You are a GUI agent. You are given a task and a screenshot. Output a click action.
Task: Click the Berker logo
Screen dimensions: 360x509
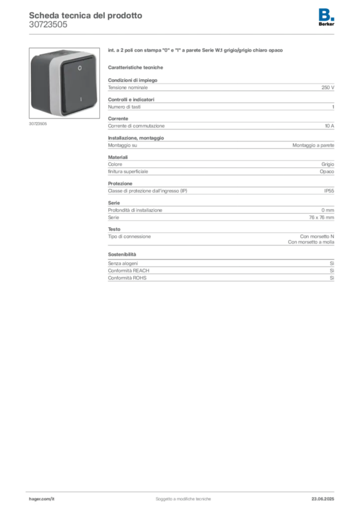click(x=326, y=17)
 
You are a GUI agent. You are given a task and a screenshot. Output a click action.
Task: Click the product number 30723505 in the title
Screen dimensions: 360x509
click(x=48, y=25)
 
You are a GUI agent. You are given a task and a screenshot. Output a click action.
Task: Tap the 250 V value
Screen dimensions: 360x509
click(x=328, y=87)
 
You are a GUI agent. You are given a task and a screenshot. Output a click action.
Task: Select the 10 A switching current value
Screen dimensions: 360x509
click(x=330, y=126)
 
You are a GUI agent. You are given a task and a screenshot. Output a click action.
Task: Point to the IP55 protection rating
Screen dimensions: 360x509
click(x=329, y=191)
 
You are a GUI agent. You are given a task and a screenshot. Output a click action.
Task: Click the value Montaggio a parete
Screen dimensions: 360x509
click(x=313, y=146)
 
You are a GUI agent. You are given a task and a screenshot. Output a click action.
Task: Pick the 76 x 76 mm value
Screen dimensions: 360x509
click(x=321, y=218)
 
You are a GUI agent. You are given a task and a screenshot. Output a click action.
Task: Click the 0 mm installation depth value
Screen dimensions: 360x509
click(x=328, y=210)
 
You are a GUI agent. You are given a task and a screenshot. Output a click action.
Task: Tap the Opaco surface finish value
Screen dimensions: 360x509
click(x=327, y=171)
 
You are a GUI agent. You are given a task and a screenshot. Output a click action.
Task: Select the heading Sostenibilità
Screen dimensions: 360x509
click(x=122, y=254)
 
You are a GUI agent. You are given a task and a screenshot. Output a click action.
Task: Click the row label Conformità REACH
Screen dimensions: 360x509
click(x=129, y=271)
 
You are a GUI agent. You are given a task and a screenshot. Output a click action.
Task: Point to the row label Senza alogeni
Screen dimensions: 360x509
click(x=123, y=263)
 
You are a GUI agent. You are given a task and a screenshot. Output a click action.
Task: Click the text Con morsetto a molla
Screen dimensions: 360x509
click(x=311, y=242)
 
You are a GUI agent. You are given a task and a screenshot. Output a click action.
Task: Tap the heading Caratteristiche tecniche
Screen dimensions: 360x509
click(x=135, y=68)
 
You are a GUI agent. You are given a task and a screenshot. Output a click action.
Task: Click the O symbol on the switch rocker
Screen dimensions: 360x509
click(x=80, y=68)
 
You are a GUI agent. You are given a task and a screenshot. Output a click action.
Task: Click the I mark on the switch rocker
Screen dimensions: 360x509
click(x=81, y=99)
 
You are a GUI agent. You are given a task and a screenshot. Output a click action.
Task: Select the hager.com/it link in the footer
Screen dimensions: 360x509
click(x=42, y=499)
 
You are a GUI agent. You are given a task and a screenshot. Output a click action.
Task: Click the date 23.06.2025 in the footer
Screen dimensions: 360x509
click(x=323, y=499)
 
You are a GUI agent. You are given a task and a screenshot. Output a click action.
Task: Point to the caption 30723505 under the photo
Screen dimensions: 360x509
click(x=38, y=124)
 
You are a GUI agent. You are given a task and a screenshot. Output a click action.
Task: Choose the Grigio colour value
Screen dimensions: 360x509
click(x=328, y=165)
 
